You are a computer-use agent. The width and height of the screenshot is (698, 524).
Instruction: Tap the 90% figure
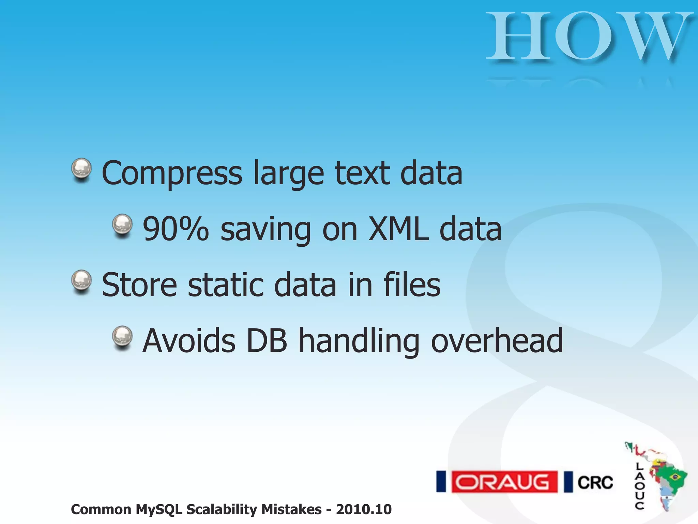176,229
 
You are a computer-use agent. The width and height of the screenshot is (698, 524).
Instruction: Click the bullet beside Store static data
81,281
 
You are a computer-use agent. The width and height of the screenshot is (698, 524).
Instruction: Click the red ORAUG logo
504,482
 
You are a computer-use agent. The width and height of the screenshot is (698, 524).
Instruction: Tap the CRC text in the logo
595,482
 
